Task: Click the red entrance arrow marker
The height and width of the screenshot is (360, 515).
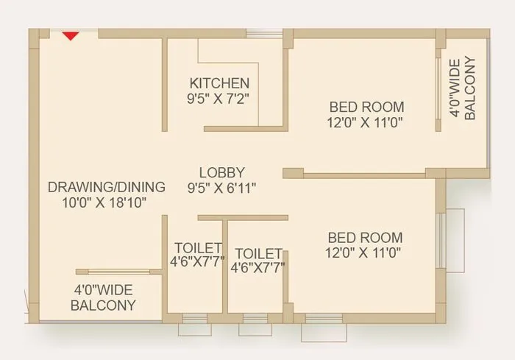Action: (71, 35)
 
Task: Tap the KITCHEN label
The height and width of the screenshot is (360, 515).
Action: (219, 82)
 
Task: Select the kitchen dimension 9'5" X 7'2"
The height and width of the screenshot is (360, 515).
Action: (219, 97)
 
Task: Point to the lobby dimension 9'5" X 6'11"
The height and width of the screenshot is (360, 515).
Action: (221, 188)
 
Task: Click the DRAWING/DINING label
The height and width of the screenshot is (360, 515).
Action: (106, 186)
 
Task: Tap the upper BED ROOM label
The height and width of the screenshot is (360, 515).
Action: (366, 106)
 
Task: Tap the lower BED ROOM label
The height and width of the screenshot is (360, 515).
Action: (365, 237)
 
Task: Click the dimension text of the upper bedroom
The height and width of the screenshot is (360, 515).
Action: (366, 122)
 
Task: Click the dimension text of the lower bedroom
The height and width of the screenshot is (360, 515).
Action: (365, 253)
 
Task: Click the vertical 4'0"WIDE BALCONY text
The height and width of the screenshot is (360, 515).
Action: (464, 88)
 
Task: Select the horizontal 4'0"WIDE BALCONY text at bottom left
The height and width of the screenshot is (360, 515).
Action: (104, 297)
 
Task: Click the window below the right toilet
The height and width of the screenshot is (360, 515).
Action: (255, 324)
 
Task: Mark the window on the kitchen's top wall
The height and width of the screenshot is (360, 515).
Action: (263, 32)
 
